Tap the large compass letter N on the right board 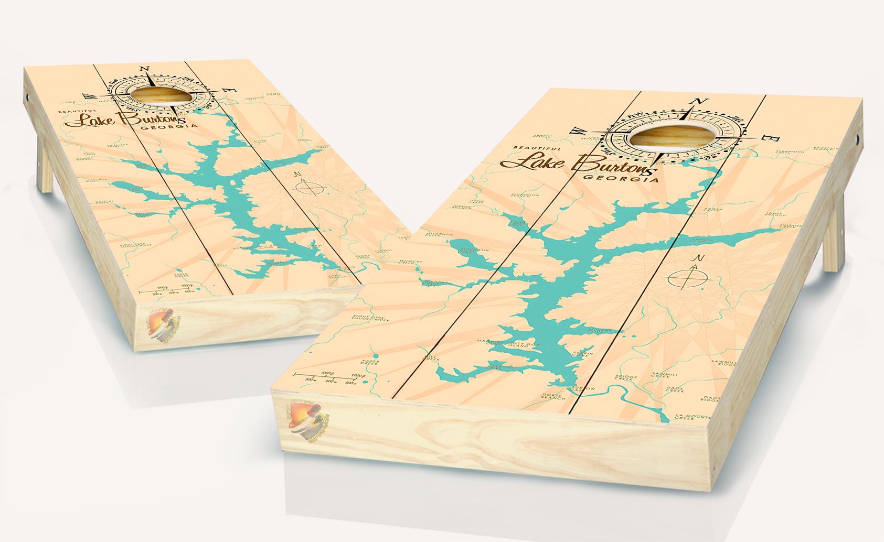pyautogui.click(x=699, y=101)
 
